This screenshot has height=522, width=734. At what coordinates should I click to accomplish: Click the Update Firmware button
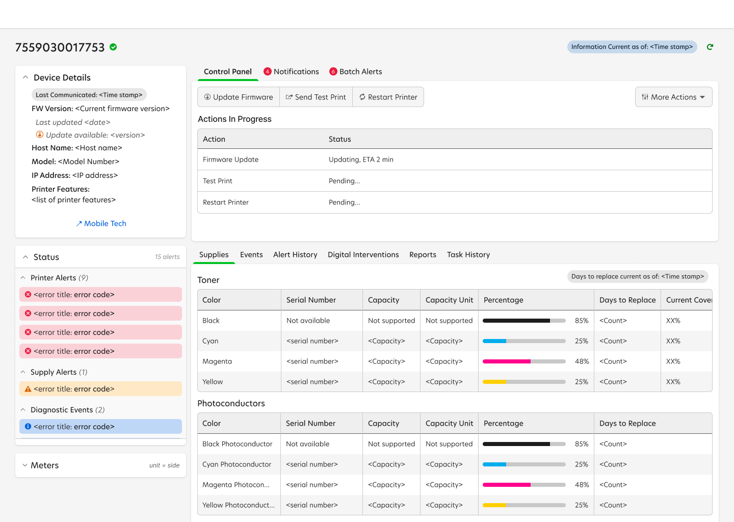pyautogui.click(x=239, y=97)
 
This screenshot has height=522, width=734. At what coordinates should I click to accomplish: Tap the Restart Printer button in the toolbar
pyautogui.click(x=388, y=97)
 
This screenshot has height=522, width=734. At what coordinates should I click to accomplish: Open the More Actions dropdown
pyautogui.click(x=673, y=97)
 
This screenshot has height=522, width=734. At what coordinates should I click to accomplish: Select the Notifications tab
pyautogui.click(x=292, y=72)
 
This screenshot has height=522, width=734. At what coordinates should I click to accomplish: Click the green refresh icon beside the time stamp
pyautogui.click(x=710, y=47)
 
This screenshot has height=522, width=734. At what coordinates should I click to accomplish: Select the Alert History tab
pyautogui.click(x=295, y=254)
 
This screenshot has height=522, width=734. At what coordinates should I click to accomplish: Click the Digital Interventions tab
pyautogui.click(x=363, y=254)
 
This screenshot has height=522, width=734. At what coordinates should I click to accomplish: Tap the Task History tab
pyautogui.click(x=468, y=254)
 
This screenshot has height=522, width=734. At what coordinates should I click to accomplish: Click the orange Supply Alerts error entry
pyautogui.click(x=100, y=389)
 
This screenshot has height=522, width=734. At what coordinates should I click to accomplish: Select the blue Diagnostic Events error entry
pyautogui.click(x=100, y=427)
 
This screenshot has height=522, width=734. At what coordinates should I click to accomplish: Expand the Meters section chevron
pyautogui.click(x=25, y=465)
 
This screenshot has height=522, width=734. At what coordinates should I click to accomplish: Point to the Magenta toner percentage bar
pyautogui.click(x=524, y=361)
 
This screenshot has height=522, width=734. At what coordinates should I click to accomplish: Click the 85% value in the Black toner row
pyautogui.click(x=582, y=321)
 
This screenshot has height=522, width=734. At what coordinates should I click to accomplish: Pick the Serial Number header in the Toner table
pyautogui.click(x=311, y=300)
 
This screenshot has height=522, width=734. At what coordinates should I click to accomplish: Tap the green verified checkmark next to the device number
pyautogui.click(x=113, y=47)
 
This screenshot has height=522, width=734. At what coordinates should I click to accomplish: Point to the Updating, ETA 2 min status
pyautogui.click(x=361, y=160)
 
